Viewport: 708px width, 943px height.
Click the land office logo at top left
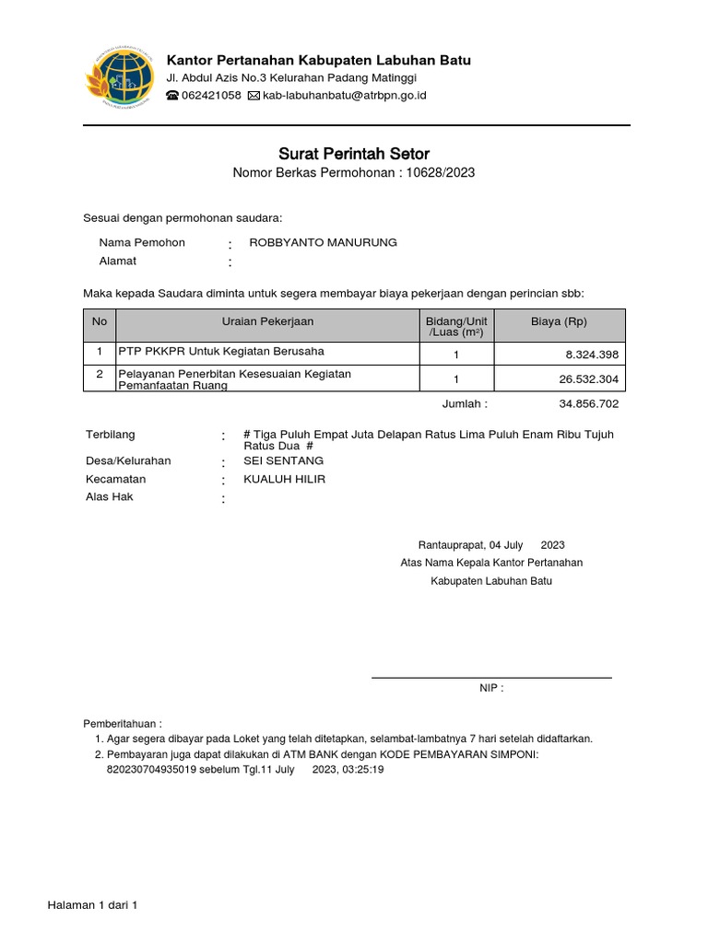coord(119,78)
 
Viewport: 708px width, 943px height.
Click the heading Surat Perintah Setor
coord(354,154)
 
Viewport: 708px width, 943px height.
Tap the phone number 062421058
coord(211,96)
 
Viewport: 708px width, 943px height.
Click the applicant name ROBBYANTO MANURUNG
coord(323,242)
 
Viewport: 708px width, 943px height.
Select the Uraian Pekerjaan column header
coord(267,321)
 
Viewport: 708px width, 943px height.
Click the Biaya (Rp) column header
coord(559,321)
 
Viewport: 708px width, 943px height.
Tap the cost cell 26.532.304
coord(589,379)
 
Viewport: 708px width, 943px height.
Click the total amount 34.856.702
coord(589,403)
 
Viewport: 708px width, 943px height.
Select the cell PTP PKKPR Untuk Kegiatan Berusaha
coord(220,352)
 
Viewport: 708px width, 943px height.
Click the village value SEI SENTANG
coord(283,460)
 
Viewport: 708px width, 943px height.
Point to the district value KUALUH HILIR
coord(284,479)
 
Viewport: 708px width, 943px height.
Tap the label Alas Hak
coord(110,496)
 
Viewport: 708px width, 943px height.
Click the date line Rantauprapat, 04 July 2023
coord(491,545)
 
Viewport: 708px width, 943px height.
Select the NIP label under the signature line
coord(490,688)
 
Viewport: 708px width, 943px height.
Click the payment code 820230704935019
coord(151,769)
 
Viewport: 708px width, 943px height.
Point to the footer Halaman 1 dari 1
coord(92,905)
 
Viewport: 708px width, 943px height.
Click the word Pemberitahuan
coord(122,723)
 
